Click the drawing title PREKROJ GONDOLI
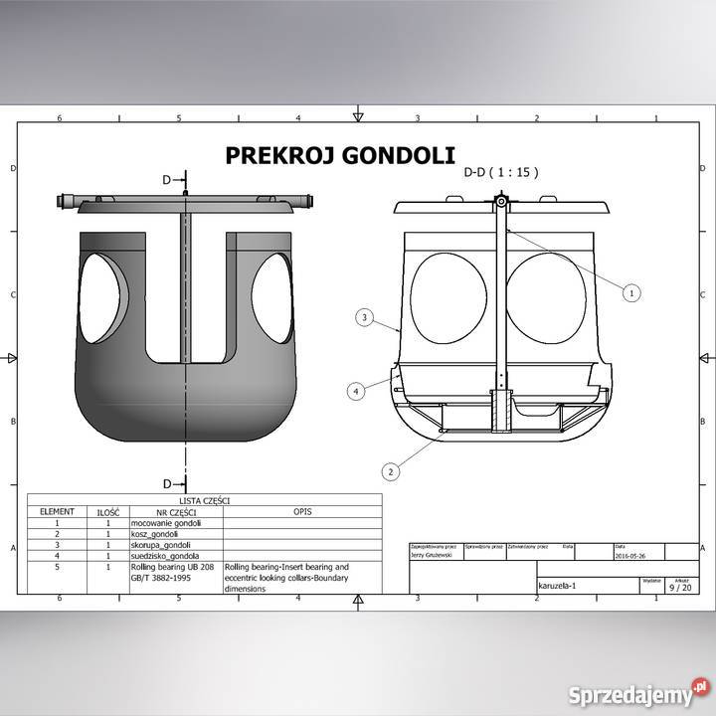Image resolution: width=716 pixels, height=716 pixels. pyautogui.click(x=339, y=155)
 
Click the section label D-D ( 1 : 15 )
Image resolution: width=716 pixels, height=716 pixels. pyautogui.click(x=501, y=172)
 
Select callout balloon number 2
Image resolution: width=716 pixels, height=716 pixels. pyautogui.click(x=392, y=470)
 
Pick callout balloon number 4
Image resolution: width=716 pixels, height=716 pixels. pyautogui.click(x=356, y=392)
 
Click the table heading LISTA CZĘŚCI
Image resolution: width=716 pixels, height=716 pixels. pyautogui.click(x=204, y=501)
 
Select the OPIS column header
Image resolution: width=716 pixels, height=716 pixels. pyautogui.click(x=303, y=511)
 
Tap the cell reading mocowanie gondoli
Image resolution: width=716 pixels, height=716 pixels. pyautogui.click(x=166, y=523)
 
